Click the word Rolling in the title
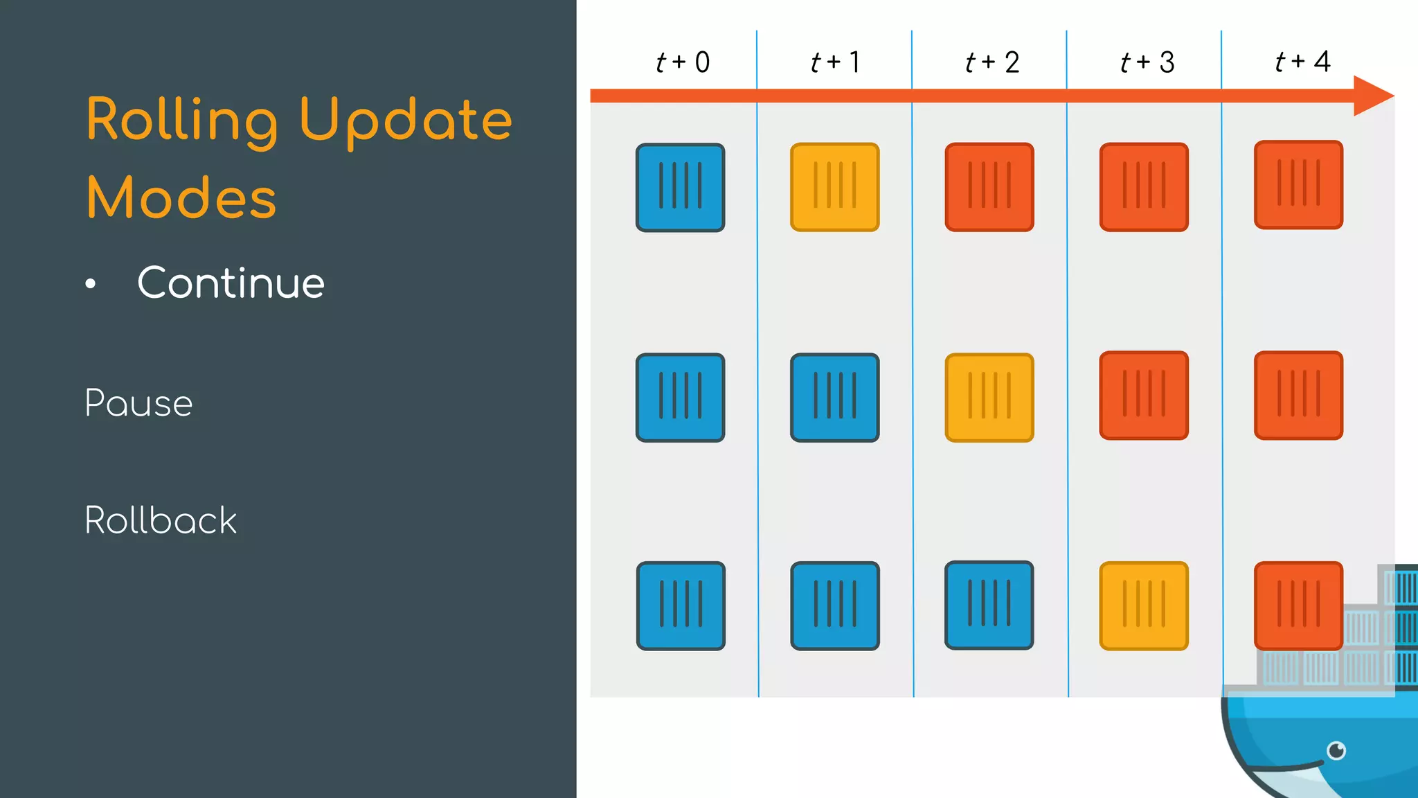point(181,121)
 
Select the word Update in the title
point(406,121)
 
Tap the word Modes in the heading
point(181,198)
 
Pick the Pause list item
point(138,403)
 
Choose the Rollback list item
point(161,520)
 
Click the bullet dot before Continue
point(91,284)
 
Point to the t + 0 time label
point(683,62)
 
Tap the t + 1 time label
point(836,62)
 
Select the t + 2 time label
point(992,62)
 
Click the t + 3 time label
point(1147,62)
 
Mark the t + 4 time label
point(1302,62)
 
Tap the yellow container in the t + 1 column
point(835,187)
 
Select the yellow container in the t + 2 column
point(989,398)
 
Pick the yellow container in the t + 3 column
point(1144,605)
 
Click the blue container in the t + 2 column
point(989,605)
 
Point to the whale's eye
point(1336,750)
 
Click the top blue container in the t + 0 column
point(681,187)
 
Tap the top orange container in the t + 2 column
point(989,187)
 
